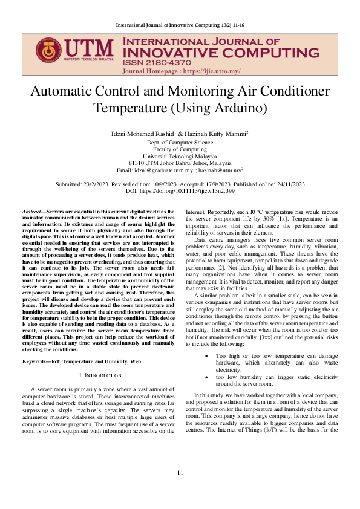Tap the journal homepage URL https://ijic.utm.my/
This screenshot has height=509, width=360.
[x=206, y=71]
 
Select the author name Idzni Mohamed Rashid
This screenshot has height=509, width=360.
[x=143, y=132]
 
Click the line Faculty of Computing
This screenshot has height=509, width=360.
[x=180, y=149]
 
